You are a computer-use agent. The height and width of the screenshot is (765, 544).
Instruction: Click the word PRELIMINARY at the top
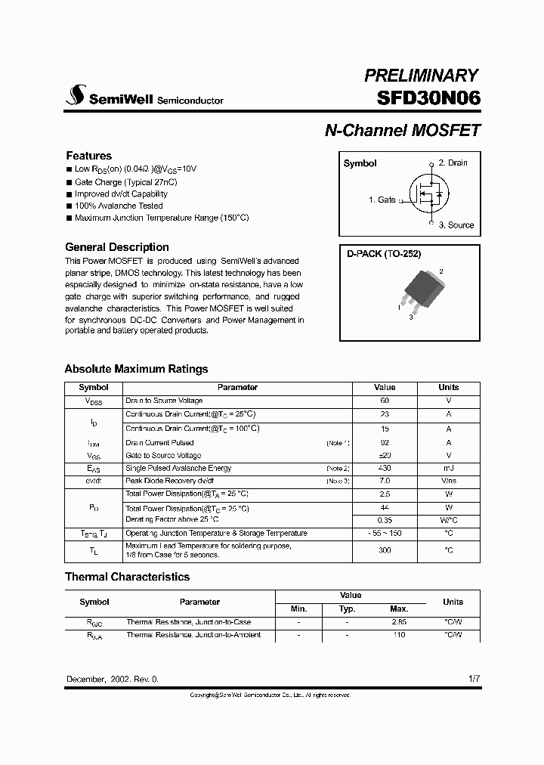tap(421, 75)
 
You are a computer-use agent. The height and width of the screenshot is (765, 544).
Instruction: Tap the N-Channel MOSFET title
tap(402, 130)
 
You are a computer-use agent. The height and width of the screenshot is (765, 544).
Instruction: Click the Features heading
tap(88, 156)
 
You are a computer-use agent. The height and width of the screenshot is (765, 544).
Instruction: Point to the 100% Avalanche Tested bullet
tap(119, 206)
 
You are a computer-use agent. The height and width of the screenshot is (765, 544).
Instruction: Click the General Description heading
tap(117, 247)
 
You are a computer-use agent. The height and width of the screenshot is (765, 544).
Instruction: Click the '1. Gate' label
tap(382, 200)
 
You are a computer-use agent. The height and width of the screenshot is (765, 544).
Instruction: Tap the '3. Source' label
tap(456, 225)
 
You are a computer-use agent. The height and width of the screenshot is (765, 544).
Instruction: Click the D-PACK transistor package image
tap(417, 291)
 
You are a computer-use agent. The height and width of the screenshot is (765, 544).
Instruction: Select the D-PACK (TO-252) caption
tap(384, 255)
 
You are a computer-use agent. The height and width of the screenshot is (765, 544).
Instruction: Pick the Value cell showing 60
tap(385, 401)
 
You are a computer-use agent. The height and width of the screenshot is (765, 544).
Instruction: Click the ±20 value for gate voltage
tap(385, 456)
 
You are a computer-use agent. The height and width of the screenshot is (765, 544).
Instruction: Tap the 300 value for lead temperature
tap(385, 550)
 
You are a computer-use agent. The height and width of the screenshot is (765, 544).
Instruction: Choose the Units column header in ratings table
tap(449, 387)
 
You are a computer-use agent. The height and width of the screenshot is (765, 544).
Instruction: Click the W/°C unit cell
tap(449, 520)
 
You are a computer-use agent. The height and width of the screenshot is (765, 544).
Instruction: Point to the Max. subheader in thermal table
tap(399, 609)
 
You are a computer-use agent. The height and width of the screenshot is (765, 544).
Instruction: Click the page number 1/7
tap(474, 679)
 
